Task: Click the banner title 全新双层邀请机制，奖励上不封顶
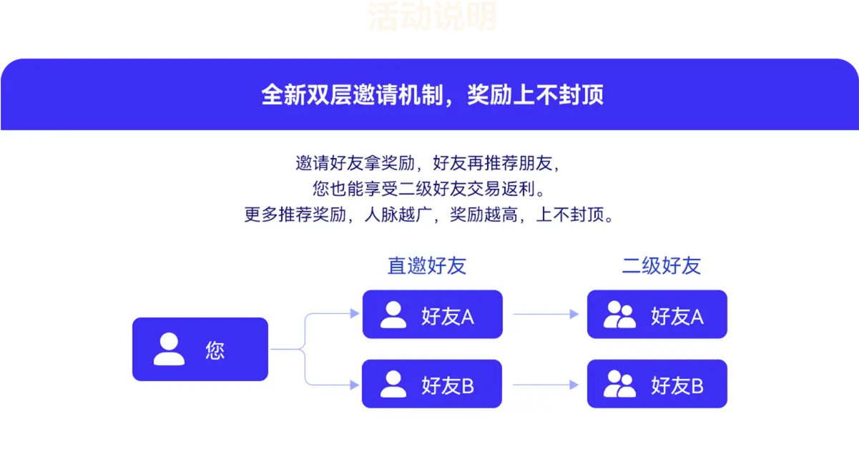(x=432, y=95)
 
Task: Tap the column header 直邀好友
(x=426, y=266)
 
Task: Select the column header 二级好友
(x=661, y=266)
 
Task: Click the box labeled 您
(x=200, y=349)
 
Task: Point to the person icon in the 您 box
(x=169, y=349)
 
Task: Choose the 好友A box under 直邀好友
(x=432, y=315)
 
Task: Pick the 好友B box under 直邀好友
(x=432, y=385)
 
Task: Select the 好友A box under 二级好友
(x=657, y=315)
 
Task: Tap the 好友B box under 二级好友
(x=657, y=385)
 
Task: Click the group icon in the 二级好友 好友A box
(x=619, y=315)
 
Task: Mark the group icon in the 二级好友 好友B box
(x=619, y=385)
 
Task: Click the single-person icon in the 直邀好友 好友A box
(x=393, y=315)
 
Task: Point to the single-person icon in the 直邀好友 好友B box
(x=393, y=385)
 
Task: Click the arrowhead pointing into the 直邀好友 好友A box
(x=353, y=313)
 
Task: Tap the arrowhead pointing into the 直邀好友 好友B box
(x=353, y=385)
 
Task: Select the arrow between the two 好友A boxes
(x=545, y=314)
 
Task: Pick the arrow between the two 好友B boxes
(x=545, y=385)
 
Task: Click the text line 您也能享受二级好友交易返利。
(x=428, y=189)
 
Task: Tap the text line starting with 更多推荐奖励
(x=428, y=215)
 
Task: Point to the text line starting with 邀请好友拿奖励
(x=428, y=163)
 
